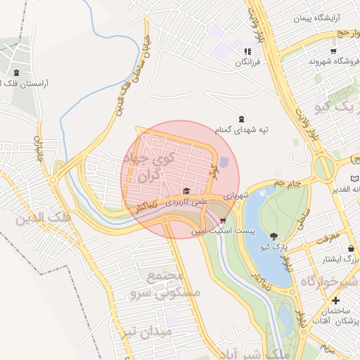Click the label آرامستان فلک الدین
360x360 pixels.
tap(39, 83)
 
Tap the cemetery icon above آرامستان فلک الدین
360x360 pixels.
tap(16, 72)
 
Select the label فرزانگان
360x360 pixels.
tap(247, 62)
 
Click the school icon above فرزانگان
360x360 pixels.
tap(247, 51)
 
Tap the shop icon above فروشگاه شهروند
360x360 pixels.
tap(333, 51)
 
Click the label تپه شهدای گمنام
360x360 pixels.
tap(243, 129)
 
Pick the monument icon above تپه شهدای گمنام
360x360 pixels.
tap(243, 118)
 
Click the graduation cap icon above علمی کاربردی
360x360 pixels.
tap(186, 191)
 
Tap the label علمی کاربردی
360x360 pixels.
tap(186, 201)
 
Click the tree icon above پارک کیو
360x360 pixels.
tap(273, 236)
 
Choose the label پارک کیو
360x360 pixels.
tap(273, 247)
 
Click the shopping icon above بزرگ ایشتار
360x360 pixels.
tap(351, 248)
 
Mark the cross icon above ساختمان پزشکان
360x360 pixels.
tap(336, 300)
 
